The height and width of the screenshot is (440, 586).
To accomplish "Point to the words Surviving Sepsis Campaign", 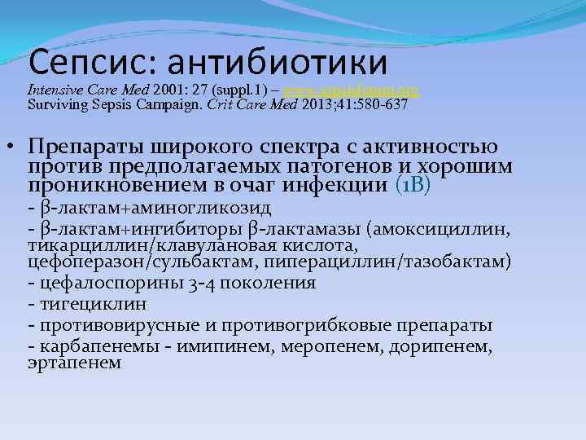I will tap(107, 105).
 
